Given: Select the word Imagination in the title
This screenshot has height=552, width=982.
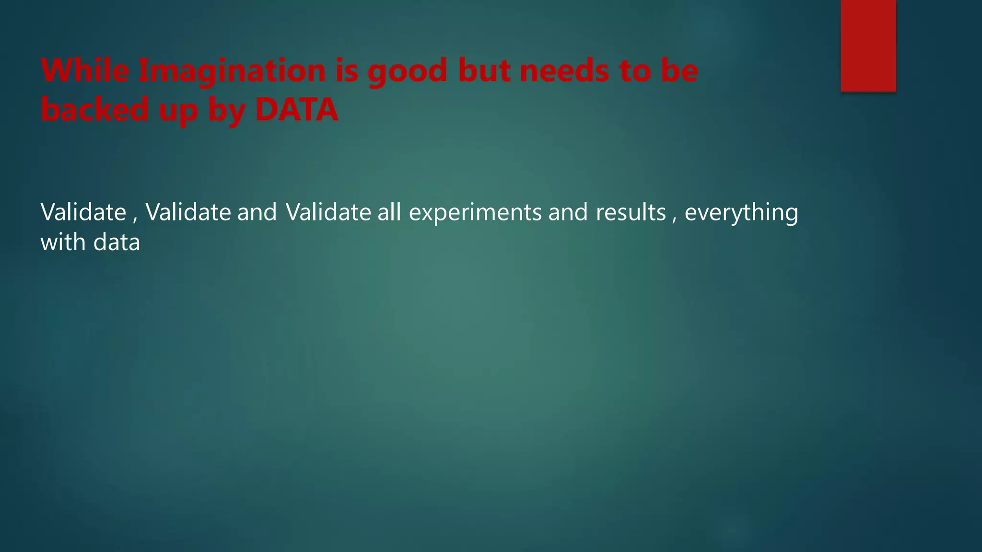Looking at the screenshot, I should [x=232, y=71].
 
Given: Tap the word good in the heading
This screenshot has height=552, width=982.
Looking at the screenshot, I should [x=407, y=71].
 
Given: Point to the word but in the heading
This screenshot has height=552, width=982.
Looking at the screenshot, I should [x=483, y=70].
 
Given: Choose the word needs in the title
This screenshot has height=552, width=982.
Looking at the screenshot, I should [x=564, y=70].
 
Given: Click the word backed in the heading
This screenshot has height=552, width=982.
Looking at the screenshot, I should [x=95, y=109].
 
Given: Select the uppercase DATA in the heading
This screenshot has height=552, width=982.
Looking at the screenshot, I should [x=297, y=109].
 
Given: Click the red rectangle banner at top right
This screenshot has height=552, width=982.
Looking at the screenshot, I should [x=868, y=46].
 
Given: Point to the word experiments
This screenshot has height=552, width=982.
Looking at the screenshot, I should [x=475, y=212].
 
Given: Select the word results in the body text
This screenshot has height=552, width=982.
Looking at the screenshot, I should [x=631, y=212].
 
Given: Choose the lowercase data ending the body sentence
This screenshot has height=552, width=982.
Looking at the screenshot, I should [x=117, y=242].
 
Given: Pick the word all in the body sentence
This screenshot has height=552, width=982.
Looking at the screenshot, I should [x=389, y=212].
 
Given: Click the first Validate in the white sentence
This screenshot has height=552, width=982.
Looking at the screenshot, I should [x=83, y=212].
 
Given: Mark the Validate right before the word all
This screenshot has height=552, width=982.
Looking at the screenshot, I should [x=328, y=212].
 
